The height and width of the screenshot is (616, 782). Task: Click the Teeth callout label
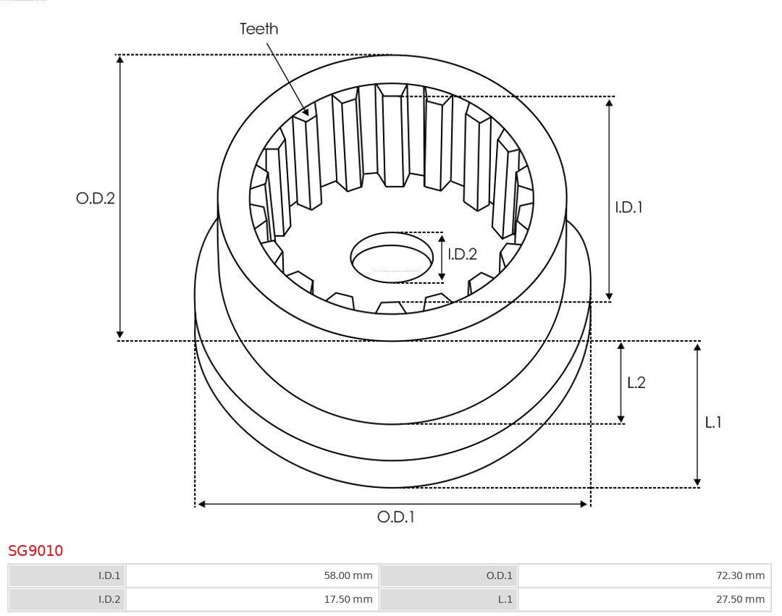(258, 29)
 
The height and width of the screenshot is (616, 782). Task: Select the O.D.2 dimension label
(96, 198)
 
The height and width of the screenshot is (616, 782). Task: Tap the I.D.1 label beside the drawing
(628, 207)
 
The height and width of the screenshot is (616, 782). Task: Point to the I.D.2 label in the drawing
(462, 254)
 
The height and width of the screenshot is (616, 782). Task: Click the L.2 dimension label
(636, 382)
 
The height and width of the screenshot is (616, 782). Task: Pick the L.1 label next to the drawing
(713, 423)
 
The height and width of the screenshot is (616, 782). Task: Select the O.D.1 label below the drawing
(396, 517)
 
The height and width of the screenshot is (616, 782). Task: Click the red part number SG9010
(35, 551)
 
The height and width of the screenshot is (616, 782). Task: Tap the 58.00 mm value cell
(253, 575)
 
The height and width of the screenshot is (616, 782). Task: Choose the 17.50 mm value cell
(253, 599)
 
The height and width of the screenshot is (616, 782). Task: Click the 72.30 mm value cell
(644, 575)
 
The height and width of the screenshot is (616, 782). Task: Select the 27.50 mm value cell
(644, 599)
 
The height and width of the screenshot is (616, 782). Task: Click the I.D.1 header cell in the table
(67, 575)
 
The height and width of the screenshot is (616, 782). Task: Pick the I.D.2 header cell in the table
(67, 599)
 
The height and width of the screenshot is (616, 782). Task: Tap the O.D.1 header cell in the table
(448, 575)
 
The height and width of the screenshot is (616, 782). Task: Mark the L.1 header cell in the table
(448, 599)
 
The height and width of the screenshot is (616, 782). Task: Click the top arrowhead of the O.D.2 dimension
(119, 59)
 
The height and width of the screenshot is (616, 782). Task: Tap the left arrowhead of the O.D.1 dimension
(201, 505)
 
